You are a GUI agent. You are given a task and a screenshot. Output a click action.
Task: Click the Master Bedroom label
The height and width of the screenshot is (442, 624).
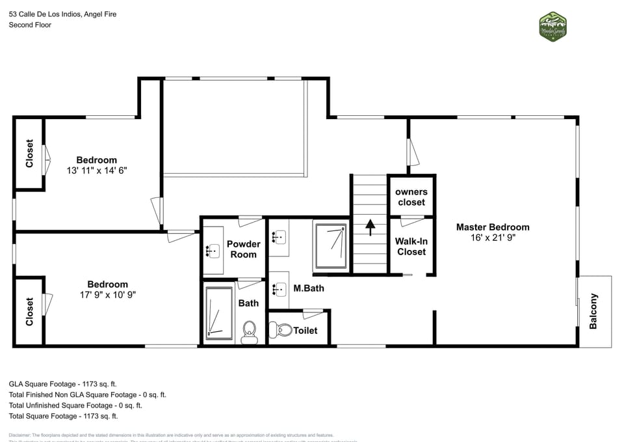(x=492, y=227)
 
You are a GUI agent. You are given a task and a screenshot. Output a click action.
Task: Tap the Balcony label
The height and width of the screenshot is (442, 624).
(x=593, y=311)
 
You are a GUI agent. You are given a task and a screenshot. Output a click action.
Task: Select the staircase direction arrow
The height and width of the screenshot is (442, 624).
(x=370, y=227)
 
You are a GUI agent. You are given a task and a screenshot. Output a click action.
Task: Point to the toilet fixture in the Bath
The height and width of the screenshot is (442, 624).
(x=249, y=333)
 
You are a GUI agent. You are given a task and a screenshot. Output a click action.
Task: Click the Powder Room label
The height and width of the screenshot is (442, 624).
(x=243, y=249)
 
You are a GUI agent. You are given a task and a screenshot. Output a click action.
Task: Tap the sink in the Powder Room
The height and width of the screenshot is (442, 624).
(x=211, y=249)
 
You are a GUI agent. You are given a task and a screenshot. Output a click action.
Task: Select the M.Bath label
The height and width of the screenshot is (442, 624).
(x=308, y=288)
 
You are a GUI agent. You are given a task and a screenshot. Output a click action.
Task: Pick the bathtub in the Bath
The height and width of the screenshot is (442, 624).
(x=218, y=314)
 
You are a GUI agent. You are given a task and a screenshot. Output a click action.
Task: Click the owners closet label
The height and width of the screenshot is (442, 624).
(x=411, y=197)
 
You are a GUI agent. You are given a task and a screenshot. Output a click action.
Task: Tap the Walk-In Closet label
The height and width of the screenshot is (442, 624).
(x=411, y=246)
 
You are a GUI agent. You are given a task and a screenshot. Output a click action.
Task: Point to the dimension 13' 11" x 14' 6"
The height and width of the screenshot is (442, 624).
(x=97, y=171)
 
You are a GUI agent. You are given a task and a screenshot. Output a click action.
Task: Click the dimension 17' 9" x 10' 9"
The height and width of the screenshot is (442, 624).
(x=108, y=295)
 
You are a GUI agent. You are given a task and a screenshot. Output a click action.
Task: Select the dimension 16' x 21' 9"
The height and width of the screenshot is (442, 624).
(x=493, y=238)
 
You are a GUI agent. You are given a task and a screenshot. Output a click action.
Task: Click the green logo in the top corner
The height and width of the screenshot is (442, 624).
(x=552, y=26)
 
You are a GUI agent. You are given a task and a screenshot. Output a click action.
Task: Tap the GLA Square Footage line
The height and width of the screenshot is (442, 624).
(x=62, y=384)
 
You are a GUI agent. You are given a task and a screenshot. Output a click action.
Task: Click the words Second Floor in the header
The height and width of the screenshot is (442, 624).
(x=30, y=25)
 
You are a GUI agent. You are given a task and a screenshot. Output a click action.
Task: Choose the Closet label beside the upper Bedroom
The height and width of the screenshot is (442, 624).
(x=29, y=154)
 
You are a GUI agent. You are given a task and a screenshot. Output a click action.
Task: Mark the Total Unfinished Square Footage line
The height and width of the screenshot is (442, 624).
(x=75, y=405)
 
